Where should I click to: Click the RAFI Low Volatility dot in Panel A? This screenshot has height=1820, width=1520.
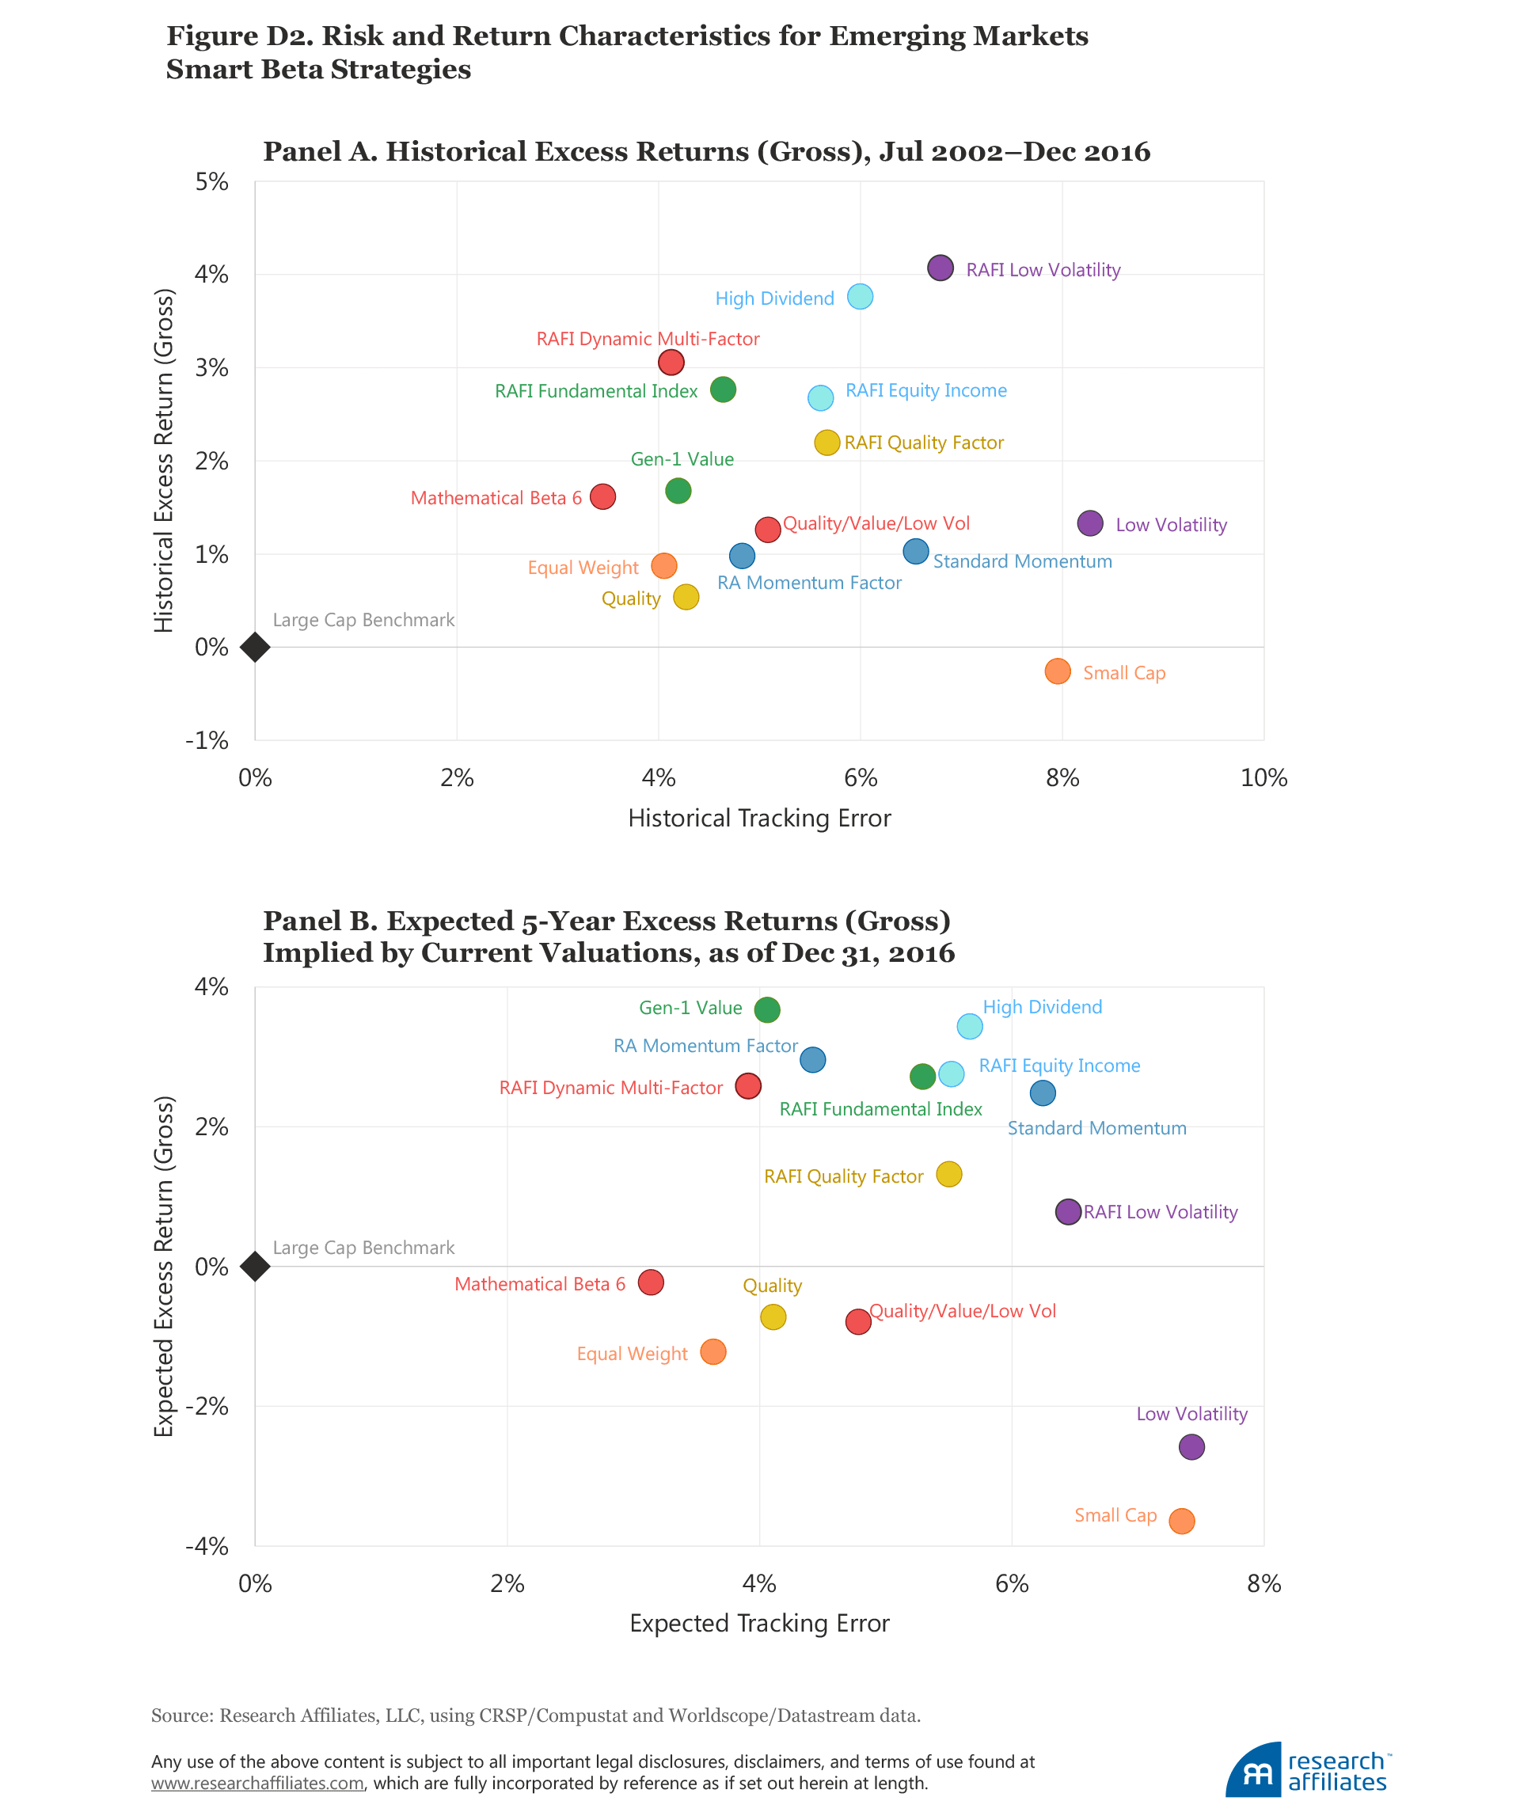[940, 268]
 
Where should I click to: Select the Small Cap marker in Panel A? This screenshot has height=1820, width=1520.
[1057, 671]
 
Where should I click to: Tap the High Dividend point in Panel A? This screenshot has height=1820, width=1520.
[860, 296]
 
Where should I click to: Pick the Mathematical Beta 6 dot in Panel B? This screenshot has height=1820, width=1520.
[651, 1282]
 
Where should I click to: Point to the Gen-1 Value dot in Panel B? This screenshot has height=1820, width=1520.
[767, 1009]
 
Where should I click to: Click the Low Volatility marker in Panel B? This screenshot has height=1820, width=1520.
[1191, 1446]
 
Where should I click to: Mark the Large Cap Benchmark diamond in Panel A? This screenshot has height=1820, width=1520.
[255, 647]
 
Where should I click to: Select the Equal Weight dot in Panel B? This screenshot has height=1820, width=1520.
[713, 1351]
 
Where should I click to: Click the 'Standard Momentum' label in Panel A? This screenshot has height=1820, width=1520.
[1022, 561]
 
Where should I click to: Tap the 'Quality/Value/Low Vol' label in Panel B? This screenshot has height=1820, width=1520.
[962, 1311]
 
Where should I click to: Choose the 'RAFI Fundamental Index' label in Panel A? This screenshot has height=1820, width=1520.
[596, 391]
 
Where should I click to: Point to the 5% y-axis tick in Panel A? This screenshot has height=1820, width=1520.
[211, 182]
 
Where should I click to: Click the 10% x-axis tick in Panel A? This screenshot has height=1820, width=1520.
[1263, 777]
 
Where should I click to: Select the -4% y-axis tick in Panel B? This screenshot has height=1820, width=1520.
[207, 1546]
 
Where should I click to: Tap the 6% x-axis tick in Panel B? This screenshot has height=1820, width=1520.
[1011, 1584]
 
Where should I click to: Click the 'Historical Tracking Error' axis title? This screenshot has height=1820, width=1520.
[759, 818]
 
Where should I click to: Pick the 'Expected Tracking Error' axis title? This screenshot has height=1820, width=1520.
[759, 1623]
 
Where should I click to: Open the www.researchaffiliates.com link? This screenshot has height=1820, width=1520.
[257, 1784]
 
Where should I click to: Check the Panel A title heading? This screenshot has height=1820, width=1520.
[706, 152]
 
